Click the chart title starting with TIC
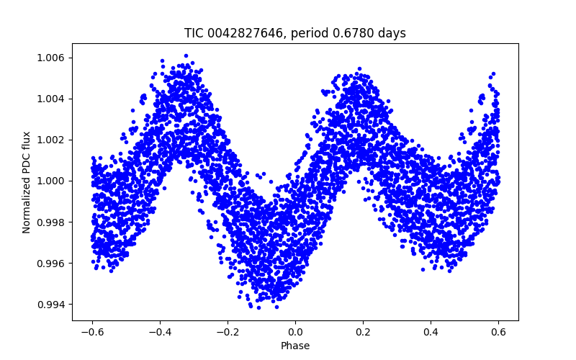point(295,33)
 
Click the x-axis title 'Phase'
point(295,346)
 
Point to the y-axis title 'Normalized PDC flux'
point(27,182)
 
